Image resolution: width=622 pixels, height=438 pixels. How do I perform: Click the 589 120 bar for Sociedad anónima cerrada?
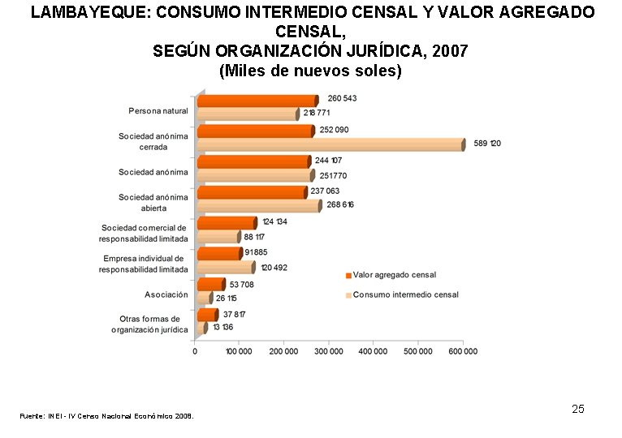[331, 144]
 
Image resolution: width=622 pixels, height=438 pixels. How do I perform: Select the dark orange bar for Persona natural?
[258, 101]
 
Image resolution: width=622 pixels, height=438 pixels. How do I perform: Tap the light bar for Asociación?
[205, 298]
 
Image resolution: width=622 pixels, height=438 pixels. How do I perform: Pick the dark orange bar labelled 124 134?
[227, 223]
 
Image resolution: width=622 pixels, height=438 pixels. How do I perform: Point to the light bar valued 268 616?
[259, 206]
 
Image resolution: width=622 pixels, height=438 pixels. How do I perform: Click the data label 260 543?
[342, 98]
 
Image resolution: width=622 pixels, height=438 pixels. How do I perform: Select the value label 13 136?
[223, 328]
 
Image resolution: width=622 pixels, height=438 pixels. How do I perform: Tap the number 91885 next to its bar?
[256, 252]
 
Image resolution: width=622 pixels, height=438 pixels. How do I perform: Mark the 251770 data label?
[333, 175]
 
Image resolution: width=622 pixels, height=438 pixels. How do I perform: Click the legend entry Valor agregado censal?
[391, 275]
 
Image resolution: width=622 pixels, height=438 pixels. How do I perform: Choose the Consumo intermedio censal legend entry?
[402, 295]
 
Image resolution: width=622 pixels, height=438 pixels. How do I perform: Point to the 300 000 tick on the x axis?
[328, 351]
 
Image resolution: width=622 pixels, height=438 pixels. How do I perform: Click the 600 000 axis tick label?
[463, 351]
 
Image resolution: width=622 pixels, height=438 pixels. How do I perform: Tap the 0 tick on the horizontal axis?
[195, 351]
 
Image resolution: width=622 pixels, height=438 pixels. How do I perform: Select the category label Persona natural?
[158, 111]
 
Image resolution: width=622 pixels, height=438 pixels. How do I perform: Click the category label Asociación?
[166, 294]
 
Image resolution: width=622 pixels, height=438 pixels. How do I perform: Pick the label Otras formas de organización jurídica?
[149, 324]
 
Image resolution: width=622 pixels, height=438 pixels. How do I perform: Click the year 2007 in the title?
[450, 51]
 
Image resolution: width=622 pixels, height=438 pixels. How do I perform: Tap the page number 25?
[578, 409]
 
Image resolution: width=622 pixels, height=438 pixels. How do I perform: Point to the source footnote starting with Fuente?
[106, 416]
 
